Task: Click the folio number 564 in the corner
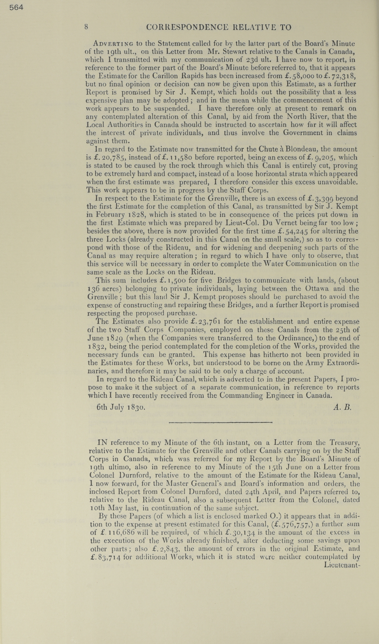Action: [16, 8]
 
